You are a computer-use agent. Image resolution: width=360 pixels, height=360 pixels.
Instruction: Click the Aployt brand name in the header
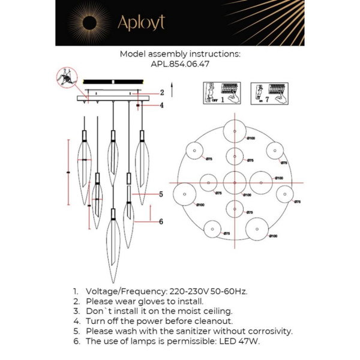click(141, 23)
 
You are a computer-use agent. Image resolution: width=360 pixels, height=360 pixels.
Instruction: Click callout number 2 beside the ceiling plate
click(162, 92)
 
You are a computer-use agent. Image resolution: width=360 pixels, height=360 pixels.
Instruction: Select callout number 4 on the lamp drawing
click(162, 106)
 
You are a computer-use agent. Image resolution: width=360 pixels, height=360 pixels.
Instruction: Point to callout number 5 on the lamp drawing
click(161, 194)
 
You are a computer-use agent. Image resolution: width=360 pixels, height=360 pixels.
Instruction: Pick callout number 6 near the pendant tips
click(161, 221)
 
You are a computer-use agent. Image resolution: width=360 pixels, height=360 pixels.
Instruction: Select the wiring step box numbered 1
click(221, 94)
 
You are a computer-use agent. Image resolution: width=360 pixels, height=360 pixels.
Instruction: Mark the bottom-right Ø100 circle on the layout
click(257, 229)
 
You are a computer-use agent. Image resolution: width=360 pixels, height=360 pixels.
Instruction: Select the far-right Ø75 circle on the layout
click(284, 194)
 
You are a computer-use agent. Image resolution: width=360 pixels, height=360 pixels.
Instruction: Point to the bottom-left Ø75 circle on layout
click(212, 229)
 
